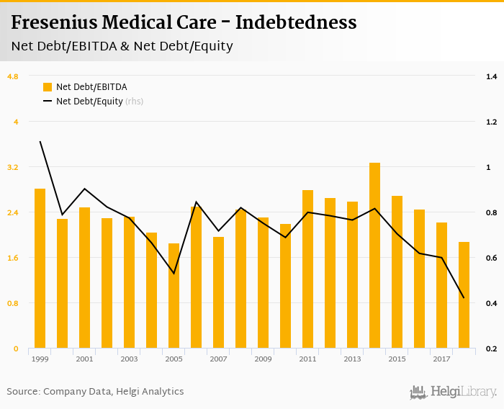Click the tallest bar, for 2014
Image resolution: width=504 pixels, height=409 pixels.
coord(374,256)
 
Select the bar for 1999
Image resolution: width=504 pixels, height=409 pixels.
coord(40,269)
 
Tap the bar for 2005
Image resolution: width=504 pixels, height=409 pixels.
coord(174,296)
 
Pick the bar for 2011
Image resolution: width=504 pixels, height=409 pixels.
coord(307,269)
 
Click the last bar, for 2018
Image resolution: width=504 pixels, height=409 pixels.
coord(464,295)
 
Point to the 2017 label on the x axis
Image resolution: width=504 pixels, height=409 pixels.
coord(441,359)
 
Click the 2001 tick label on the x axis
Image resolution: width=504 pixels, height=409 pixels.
coord(84,359)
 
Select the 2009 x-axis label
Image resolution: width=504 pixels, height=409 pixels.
coord(263,359)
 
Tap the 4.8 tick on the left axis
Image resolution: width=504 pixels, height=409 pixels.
coord(12,76)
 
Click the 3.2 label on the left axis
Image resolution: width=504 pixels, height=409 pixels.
coord(12,167)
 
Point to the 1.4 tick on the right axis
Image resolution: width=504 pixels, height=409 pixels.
coord(492,76)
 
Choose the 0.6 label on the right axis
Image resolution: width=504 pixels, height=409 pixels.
coord(492,258)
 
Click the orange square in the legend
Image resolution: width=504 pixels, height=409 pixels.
coord(48,87)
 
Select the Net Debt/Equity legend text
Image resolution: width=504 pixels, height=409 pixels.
coord(89,102)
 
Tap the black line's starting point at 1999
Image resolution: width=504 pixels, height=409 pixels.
coord(40,142)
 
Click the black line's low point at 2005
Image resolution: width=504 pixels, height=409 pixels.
coord(174,274)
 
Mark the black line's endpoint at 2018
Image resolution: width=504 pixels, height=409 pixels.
coord(464,298)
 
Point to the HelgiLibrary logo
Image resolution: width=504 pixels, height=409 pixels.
coord(453,392)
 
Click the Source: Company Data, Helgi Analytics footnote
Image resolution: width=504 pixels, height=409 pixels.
coord(95,392)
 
